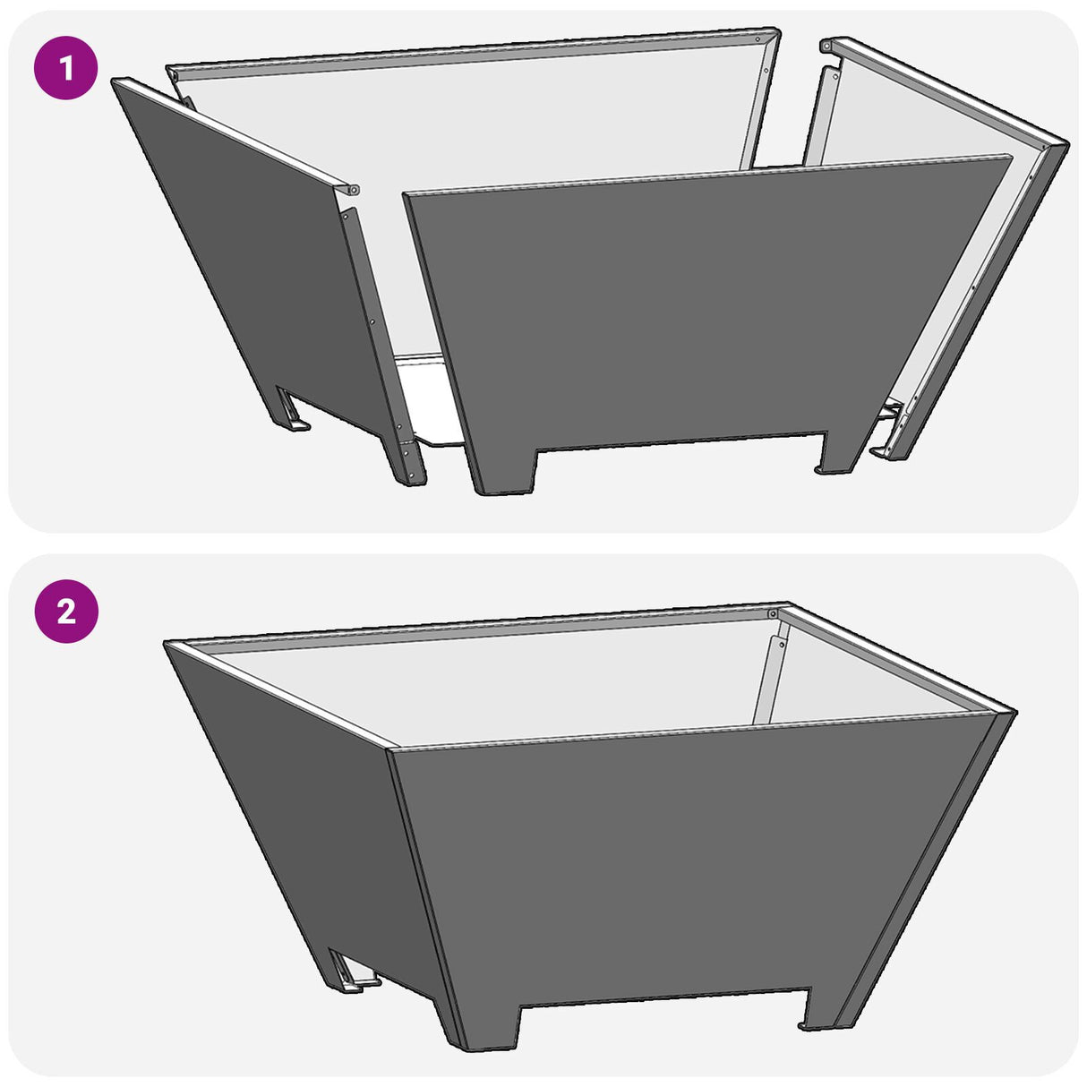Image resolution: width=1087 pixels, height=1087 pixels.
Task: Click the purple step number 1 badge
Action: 65,67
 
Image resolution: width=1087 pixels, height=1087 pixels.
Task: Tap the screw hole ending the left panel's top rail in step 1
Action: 354,190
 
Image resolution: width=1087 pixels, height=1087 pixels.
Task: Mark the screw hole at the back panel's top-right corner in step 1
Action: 760,39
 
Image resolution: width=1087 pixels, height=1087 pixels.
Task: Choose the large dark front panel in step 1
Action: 698,304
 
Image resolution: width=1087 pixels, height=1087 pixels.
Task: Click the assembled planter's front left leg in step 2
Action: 484,1021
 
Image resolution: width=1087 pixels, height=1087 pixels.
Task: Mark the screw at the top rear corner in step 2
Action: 772,614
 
